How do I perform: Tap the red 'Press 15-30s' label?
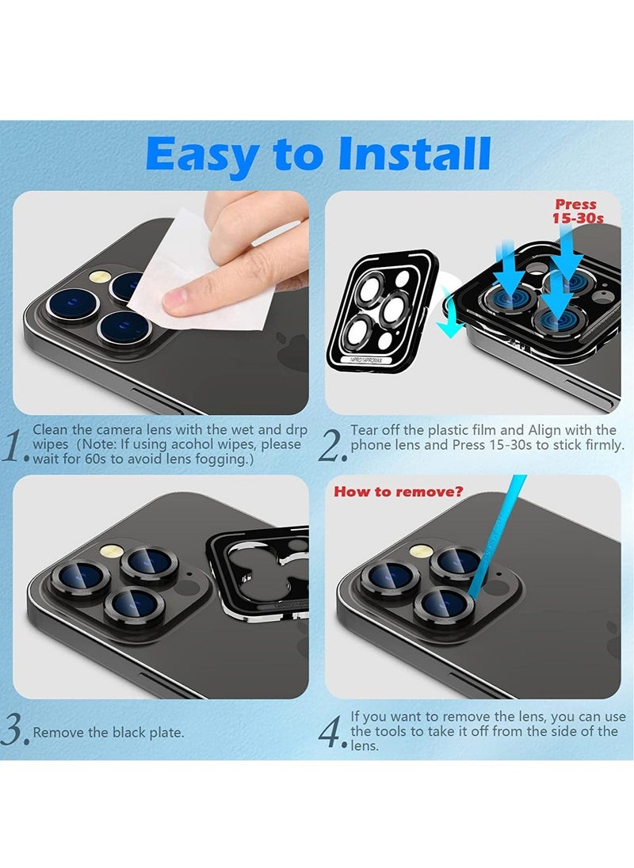tap(576, 211)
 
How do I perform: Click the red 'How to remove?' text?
tap(398, 492)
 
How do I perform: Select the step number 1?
tap(15, 447)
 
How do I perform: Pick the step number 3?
tap(15, 730)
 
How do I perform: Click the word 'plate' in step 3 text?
tap(166, 733)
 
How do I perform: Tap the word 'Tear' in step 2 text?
tap(365, 430)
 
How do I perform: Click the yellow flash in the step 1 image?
tap(100, 278)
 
